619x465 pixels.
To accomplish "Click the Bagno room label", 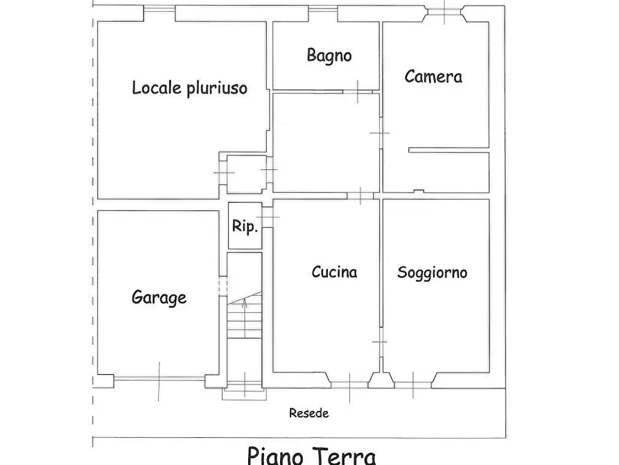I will click(x=329, y=56).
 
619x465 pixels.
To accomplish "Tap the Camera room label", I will click(x=433, y=76).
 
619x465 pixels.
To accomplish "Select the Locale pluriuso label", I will click(x=189, y=88).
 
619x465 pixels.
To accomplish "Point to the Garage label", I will click(x=159, y=298).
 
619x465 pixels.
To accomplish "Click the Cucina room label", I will click(x=334, y=272).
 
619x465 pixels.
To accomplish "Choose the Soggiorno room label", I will click(x=432, y=273).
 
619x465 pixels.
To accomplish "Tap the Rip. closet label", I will click(x=245, y=226).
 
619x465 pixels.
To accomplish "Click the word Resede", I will click(x=308, y=414).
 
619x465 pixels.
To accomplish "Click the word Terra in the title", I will click(x=345, y=456).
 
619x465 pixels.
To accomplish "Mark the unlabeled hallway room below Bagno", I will click(x=326, y=142).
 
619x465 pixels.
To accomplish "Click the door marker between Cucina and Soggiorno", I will click(x=380, y=341).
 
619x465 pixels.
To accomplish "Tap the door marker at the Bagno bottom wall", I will click(x=357, y=90).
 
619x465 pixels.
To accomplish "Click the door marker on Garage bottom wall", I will click(x=159, y=378).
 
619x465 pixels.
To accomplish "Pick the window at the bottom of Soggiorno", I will click(x=413, y=380).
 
